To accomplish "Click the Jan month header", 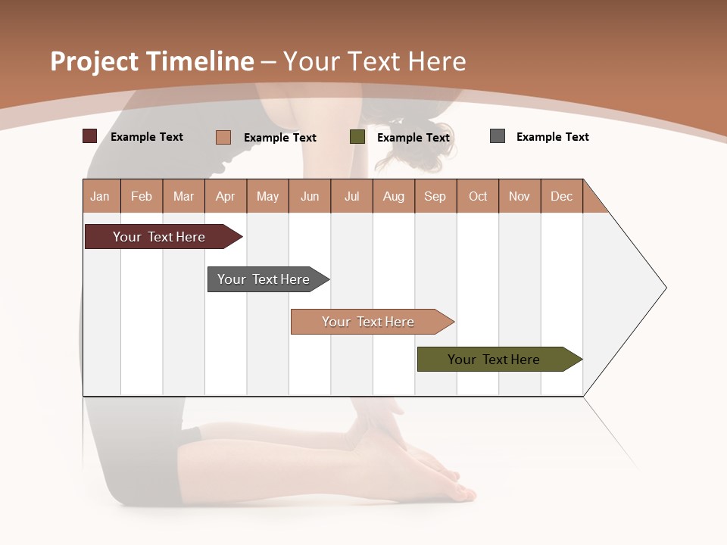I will tap(101, 196).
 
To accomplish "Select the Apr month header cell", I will tap(226, 196).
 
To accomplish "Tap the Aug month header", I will tap(394, 196).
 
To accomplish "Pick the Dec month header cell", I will tap(562, 196).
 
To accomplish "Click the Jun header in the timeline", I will tap(310, 196).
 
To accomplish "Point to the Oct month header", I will tap(478, 196).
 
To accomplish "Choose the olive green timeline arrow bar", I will tap(497, 360).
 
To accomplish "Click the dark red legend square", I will tap(90, 136).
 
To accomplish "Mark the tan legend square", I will tap(223, 137).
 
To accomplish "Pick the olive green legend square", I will tap(357, 137).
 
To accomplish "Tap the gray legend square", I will tap(498, 136).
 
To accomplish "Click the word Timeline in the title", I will tap(201, 61).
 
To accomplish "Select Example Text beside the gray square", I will tap(552, 137).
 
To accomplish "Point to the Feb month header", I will tap(142, 196).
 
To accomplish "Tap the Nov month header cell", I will tap(520, 196).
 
